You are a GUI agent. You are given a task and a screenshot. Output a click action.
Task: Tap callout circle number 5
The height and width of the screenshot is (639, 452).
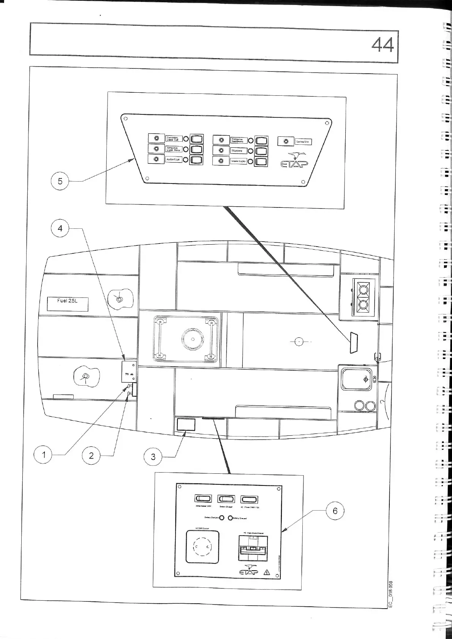60,181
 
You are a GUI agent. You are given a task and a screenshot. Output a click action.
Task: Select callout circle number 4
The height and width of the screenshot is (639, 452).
60,228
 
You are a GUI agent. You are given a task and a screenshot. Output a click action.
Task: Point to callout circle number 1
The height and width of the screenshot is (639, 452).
43,455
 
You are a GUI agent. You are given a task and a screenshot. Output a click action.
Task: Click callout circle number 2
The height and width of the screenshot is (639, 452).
91,456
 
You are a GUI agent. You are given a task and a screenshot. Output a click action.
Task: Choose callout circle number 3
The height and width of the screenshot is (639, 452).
153,457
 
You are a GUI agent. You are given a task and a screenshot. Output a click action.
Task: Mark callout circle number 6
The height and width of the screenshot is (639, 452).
335,511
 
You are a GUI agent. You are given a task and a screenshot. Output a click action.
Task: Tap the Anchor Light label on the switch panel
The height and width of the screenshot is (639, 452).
173,160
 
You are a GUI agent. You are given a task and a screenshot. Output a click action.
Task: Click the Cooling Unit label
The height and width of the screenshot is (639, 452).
302,142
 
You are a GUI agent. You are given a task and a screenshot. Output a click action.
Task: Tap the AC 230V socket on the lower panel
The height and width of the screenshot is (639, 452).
202,547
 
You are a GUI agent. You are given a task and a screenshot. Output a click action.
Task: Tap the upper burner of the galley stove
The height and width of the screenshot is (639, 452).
363,290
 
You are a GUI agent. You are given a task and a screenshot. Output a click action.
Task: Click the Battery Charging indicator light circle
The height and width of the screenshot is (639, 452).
222,518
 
